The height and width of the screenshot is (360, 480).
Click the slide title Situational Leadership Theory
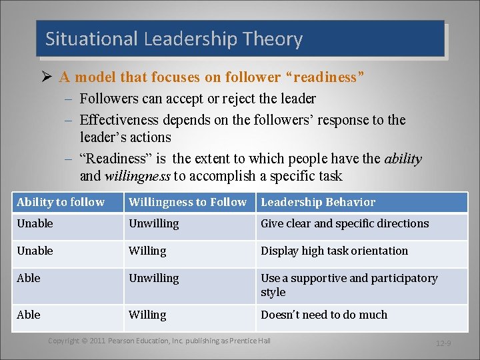174,39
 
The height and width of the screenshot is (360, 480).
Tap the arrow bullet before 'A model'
46,77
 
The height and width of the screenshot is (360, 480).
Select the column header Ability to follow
61,202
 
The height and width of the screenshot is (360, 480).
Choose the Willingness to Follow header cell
187,202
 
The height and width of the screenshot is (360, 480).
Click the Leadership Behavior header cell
318,202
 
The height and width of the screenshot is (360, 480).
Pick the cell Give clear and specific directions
345,223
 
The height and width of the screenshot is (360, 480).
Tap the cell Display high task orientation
334,251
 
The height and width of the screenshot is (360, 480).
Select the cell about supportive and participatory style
349,285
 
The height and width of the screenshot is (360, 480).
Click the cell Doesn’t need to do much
323,315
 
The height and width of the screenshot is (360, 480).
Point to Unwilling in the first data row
153,223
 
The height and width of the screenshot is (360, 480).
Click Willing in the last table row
147,315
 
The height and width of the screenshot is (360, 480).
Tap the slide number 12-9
443,344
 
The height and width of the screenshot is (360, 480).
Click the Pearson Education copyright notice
159,341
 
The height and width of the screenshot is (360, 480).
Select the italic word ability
403,159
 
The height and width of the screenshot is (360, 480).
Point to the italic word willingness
137,176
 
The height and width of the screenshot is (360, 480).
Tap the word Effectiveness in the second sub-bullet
119,120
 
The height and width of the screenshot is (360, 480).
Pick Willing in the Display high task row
147,251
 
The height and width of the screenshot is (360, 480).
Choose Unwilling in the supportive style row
153,278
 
